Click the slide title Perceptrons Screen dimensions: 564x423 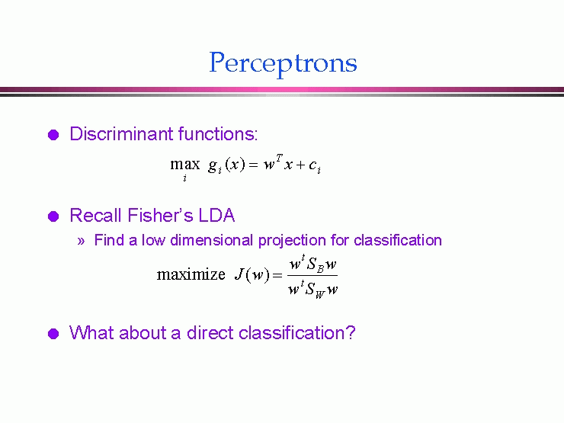pos(283,63)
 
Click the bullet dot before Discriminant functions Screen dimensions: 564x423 pos(53,135)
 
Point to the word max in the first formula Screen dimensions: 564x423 pos(185,165)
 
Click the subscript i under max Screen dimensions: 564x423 pos(185,178)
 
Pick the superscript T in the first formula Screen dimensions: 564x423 pos(280,158)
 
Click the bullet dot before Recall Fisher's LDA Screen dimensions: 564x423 pos(53,216)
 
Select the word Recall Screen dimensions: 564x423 pos(96,216)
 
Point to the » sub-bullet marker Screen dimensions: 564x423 pos(81,241)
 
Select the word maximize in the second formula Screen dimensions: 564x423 pos(191,275)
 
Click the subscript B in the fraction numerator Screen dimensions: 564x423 pos(320,268)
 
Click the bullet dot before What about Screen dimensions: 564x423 pos(53,334)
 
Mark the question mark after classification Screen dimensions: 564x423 pos(351,333)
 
